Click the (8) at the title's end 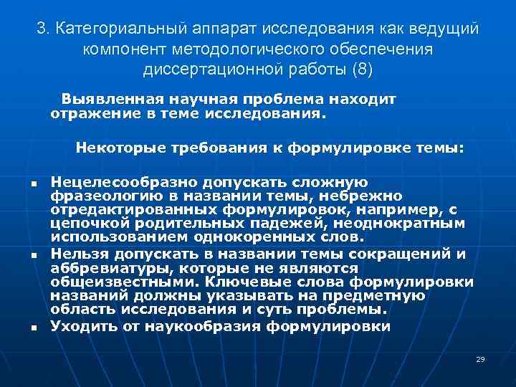click(360, 70)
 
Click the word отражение click(88, 113)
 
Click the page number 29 click(480, 358)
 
